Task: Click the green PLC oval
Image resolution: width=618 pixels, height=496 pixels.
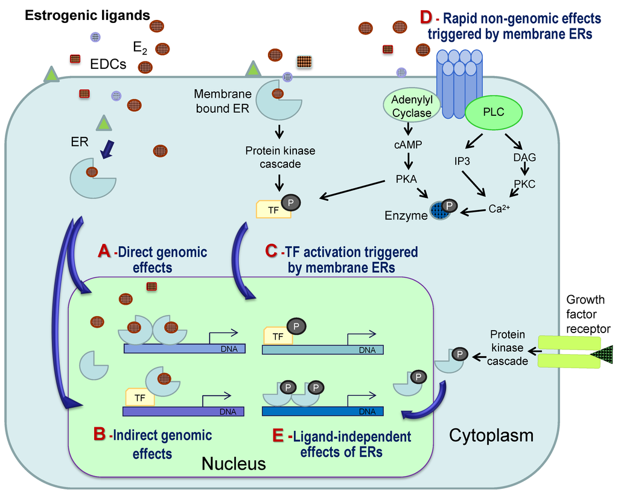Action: tap(494, 112)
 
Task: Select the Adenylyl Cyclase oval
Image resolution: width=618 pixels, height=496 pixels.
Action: tap(412, 106)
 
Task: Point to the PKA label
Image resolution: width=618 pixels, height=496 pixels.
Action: tap(407, 179)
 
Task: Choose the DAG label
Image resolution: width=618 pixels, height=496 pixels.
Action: tap(524, 157)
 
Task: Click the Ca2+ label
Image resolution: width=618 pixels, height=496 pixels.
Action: tap(499, 209)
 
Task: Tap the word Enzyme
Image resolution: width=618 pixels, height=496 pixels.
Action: tap(406, 214)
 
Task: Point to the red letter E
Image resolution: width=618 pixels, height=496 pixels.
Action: tap(278, 436)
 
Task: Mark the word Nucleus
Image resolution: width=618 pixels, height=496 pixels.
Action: tap(233, 463)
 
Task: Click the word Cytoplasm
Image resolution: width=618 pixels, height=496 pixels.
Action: tap(491, 435)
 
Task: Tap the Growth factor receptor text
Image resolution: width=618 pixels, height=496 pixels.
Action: tap(588, 314)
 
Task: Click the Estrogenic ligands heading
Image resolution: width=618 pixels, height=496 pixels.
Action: tap(87, 15)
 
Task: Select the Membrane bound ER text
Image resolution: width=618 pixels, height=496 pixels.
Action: tap(222, 101)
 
